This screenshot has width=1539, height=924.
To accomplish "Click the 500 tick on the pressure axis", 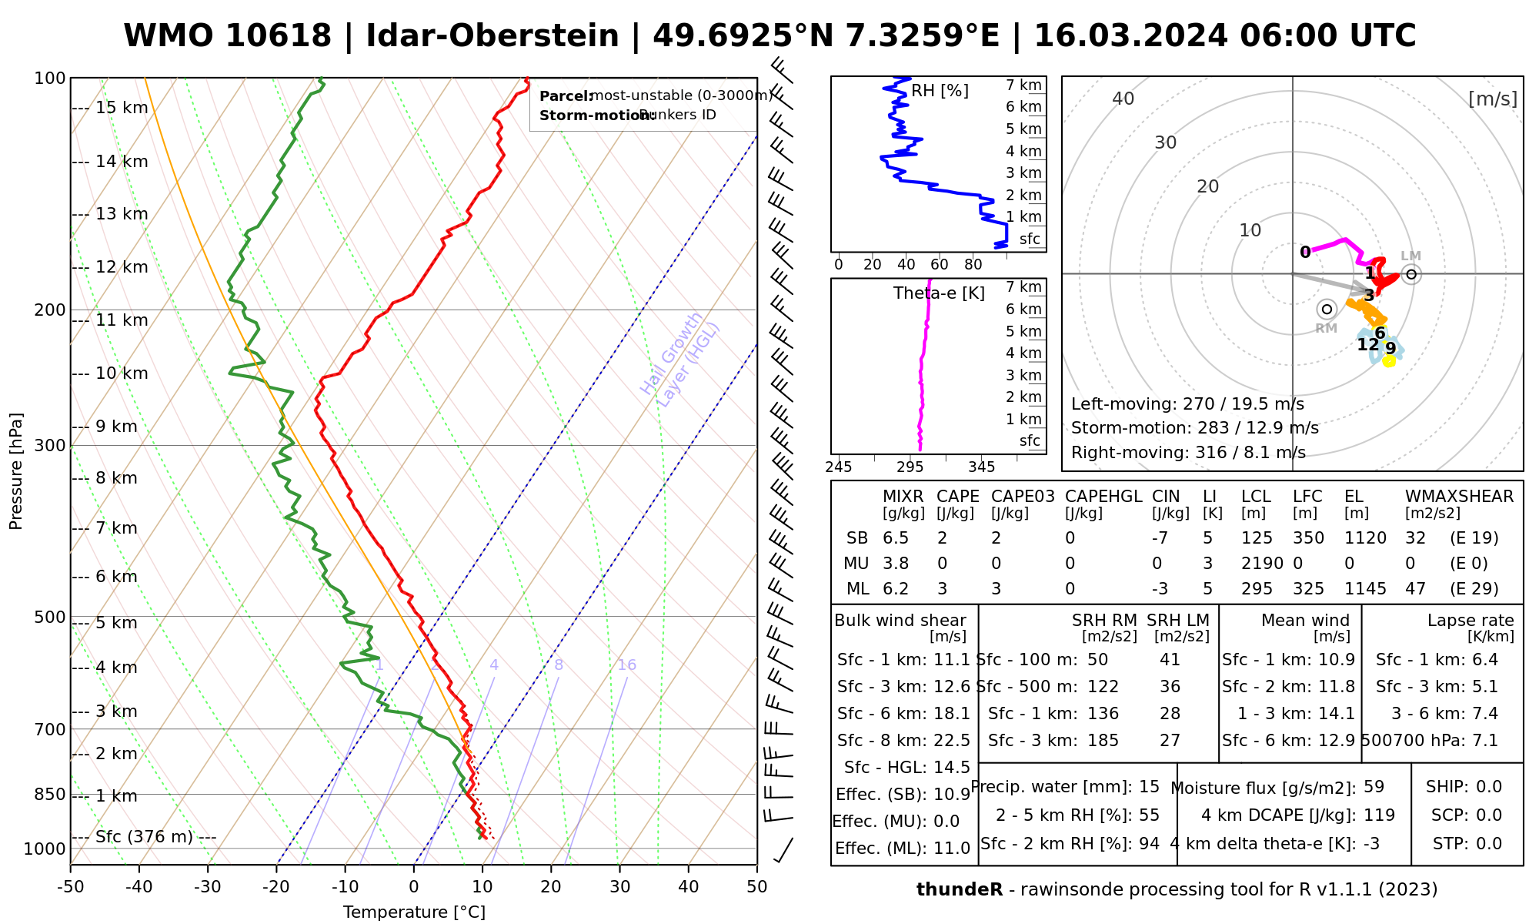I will (x=50, y=618).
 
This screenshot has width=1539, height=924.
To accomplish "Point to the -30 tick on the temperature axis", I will (x=208, y=887).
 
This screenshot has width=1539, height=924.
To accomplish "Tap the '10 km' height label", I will (x=122, y=373).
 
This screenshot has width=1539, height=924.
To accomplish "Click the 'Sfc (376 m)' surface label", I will (x=144, y=837).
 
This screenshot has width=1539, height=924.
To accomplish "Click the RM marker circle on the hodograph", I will (x=1327, y=310).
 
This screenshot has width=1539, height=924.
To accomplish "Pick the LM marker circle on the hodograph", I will (x=1410, y=274).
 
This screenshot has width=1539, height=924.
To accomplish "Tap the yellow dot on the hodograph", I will (x=1389, y=361).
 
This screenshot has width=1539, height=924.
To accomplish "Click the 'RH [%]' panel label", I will (x=940, y=91).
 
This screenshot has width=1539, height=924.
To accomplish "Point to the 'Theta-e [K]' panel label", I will (x=939, y=293).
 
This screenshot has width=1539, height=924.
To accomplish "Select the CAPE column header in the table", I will (x=957, y=497).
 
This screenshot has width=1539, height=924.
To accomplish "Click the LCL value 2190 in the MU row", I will (x=1262, y=564).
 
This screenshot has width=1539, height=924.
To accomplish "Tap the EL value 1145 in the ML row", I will (x=1365, y=589).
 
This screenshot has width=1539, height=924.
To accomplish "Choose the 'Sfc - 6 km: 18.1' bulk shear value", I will (x=903, y=714).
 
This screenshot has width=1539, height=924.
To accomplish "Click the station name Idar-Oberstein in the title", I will (x=492, y=36).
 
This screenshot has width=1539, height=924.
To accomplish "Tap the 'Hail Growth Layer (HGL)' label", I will (x=680, y=359).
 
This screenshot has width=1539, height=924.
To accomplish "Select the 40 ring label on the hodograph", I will (x=1123, y=99).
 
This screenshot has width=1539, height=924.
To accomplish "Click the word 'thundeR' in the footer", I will (x=960, y=890).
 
